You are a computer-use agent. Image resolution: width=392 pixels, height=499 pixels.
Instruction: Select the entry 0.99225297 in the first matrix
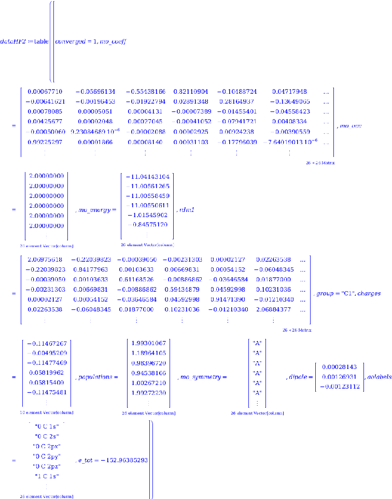point(44,142)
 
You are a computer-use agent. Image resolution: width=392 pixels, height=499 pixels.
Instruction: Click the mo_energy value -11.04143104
point(148,177)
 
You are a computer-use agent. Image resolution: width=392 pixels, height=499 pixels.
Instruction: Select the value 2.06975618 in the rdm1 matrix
point(44,259)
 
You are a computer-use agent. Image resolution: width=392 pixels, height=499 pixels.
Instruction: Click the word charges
point(370,293)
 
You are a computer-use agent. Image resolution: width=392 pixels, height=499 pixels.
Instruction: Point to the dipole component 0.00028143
point(340,366)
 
